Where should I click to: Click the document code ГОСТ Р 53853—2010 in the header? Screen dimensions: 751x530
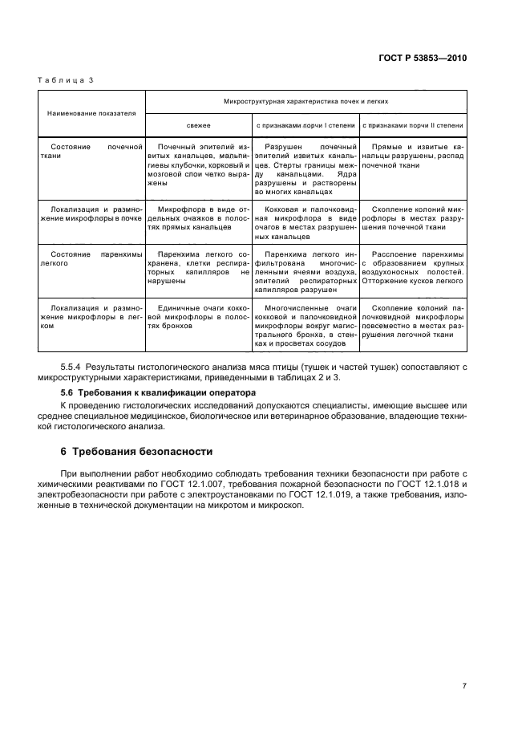point(423,59)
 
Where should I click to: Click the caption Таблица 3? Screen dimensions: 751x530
point(65,80)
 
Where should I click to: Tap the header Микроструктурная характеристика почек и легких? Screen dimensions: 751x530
point(305,102)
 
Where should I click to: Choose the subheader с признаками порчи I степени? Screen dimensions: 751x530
point(305,125)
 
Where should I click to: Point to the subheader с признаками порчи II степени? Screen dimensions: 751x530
point(412,125)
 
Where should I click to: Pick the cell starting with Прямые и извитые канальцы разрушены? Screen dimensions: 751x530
point(412,152)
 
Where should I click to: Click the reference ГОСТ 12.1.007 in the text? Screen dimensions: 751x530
point(217,486)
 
